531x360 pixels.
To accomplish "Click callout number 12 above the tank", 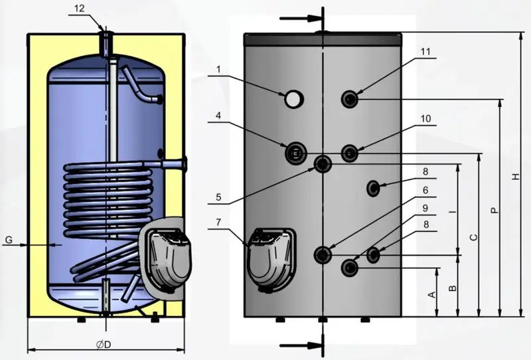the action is pos(79,9).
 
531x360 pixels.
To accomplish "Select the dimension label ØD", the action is pos(104,345).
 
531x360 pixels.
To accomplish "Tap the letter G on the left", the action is pos(9,240).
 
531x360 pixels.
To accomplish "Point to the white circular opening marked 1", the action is pos(293,99).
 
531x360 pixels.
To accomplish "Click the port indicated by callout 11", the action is pos(350,99).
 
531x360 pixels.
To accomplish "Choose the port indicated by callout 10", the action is pos(350,153).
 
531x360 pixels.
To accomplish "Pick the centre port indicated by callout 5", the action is pos(323,164).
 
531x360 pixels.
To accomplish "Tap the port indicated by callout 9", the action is pos(350,268).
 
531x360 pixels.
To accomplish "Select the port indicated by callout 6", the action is pos(323,254).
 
